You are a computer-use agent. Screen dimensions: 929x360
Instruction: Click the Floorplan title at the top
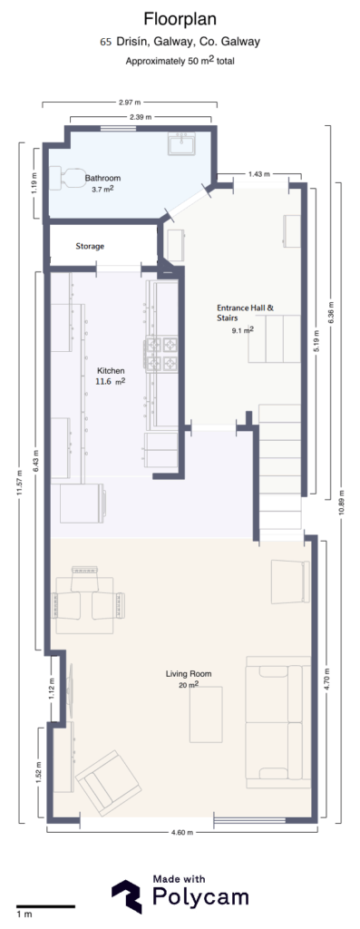[180, 18]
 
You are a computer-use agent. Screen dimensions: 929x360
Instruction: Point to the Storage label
[89, 246]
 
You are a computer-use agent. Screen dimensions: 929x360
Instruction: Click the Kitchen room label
[111, 371]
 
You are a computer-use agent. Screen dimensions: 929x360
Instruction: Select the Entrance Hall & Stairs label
[244, 313]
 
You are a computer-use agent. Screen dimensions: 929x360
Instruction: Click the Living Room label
[189, 674]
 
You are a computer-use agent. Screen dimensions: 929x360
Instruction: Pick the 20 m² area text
[189, 686]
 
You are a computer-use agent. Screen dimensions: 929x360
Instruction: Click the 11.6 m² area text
[111, 383]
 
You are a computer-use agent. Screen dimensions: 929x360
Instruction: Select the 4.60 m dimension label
[182, 832]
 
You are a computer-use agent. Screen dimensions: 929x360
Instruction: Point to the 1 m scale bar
[44, 905]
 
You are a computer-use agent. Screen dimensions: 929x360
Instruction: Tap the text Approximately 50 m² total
[180, 62]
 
